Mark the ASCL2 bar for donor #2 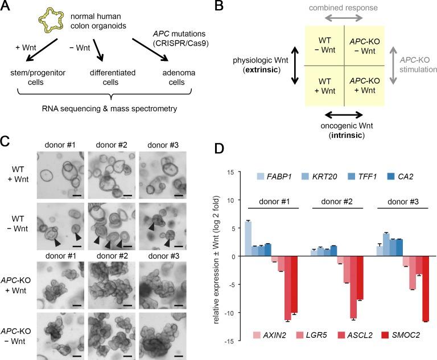(x=353, y=287)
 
